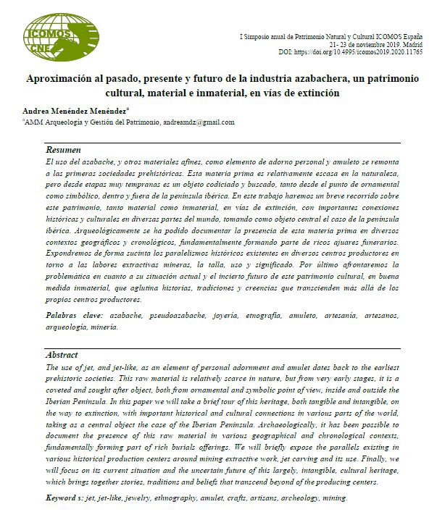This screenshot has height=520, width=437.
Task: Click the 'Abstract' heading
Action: coord(62,355)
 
